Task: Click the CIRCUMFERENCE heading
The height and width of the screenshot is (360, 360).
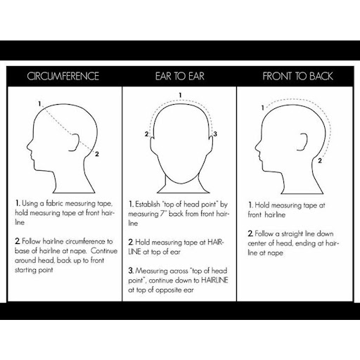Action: tap(63, 76)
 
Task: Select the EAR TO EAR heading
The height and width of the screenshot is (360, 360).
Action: tap(180, 76)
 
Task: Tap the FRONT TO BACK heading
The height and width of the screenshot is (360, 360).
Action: tap(297, 76)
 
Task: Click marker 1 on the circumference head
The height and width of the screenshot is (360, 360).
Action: tap(39, 103)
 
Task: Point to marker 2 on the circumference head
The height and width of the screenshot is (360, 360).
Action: tap(97, 154)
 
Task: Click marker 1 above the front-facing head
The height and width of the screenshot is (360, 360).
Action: tap(180, 95)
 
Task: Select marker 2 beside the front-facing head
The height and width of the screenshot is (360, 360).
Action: tap(146, 134)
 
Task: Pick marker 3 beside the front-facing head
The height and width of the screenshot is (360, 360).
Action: tap(215, 134)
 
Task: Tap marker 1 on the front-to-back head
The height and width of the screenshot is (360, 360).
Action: tap(263, 108)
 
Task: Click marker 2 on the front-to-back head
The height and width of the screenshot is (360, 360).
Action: tap(320, 160)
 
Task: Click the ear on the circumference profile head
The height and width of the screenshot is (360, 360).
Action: tap(74, 143)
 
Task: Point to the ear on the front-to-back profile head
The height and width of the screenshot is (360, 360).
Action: tap(302, 141)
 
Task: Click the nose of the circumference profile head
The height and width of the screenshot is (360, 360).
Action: tap(29, 146)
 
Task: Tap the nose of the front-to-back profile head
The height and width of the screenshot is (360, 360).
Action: tap(257, 146)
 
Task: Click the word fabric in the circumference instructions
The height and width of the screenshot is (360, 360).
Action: tap(54, 203)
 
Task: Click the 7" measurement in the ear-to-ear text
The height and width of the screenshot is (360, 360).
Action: tap(163, 214)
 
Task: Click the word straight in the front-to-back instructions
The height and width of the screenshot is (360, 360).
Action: tap(292, 233)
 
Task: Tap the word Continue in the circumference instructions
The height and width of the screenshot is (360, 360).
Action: tap(104, 251)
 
